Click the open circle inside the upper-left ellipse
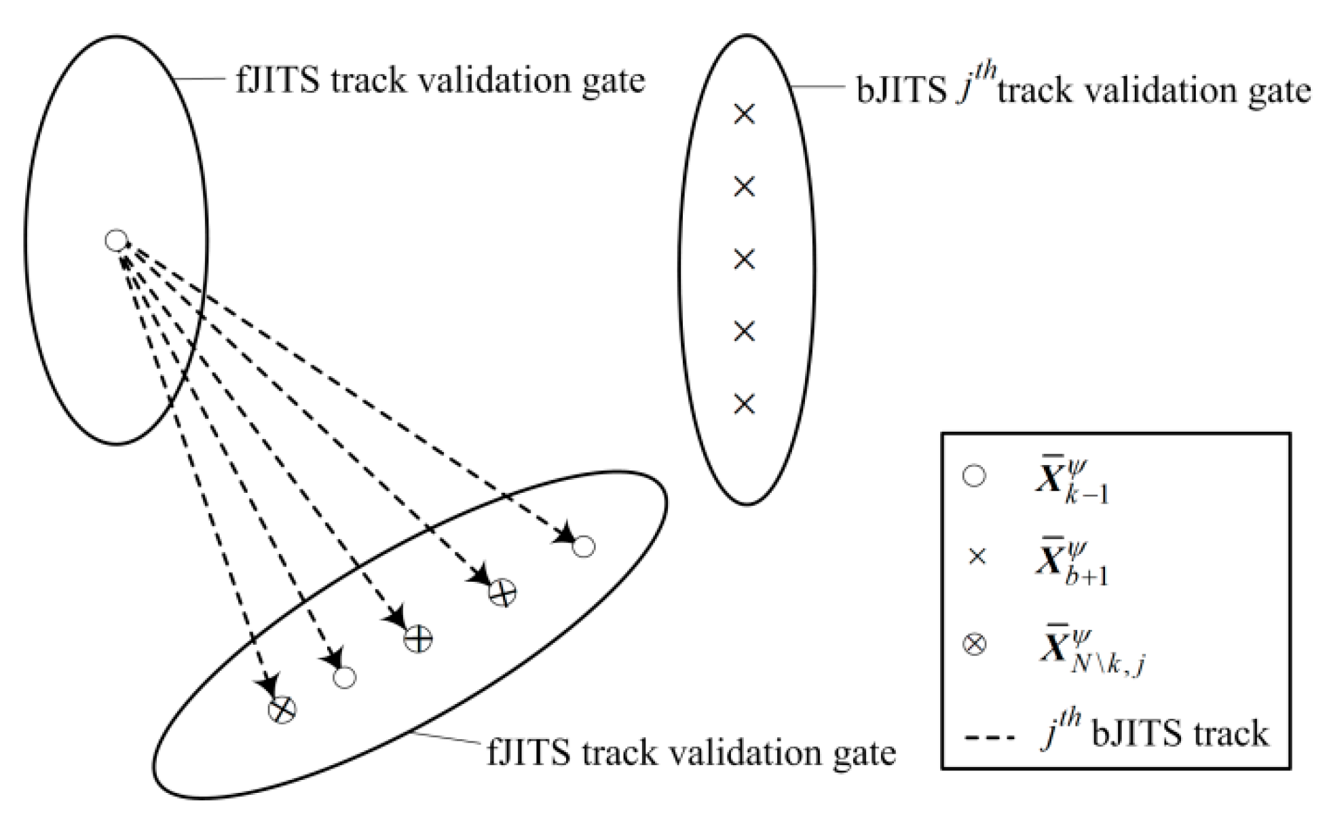[x=116, y=240]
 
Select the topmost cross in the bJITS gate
[x=745, y=113]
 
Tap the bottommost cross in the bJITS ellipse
[x=745, y=404]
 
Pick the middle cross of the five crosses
[x=745, y=259]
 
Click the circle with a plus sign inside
[x=417, y=639]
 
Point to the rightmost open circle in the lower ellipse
[x=584, y=546]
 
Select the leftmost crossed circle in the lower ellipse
[x=282, y=710]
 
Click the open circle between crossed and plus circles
[x=345, y=677]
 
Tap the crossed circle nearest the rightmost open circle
[x=502, y=593]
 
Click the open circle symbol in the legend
[x=975, y=476]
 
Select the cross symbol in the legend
[x=977, y=557]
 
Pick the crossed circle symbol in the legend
[x=975, y=644]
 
